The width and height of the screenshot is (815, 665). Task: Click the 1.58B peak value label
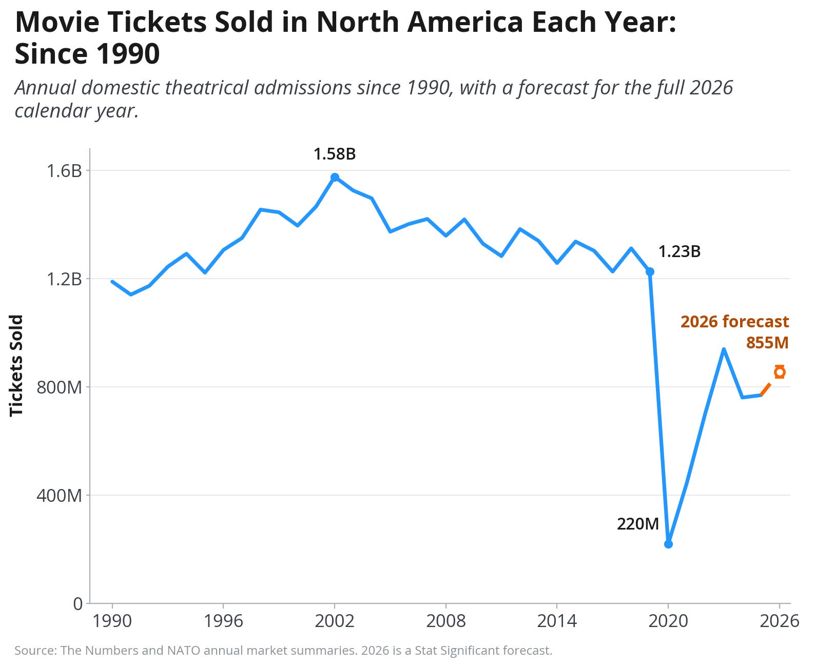[x=334, y=154]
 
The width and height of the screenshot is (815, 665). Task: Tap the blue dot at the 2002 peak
[x=335, y=177]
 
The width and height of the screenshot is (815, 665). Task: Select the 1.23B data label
[x=679, y=251]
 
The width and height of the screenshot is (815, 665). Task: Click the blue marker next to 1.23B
[x=650, y=271]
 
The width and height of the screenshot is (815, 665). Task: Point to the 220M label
[x=637, y=524]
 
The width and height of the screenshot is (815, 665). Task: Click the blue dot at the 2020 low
[x=668, y=544]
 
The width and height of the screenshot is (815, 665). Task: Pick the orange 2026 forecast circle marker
[x=780, y=372]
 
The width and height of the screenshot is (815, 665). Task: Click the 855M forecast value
[x=767, y=342]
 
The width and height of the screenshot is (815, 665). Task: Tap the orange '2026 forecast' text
[x=734, y=322]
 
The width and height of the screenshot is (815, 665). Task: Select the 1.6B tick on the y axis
[x=64, y=170]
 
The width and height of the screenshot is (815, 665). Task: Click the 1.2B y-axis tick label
[x=64, y=279]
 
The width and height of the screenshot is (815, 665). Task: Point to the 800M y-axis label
[x=59, y=387]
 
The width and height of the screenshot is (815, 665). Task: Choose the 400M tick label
[x=59, y=495]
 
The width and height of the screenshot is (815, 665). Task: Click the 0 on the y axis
[x=77, y=603]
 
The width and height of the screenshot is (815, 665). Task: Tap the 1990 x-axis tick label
[x=112, y=621]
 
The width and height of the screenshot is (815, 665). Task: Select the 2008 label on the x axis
[x=445, y=621]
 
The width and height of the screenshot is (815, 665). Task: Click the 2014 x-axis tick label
[x=557, y=621]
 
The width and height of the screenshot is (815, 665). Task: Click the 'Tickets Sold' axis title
[x=16, y=365]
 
